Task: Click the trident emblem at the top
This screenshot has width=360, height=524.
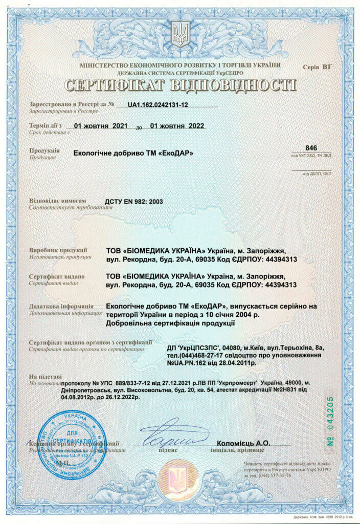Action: pos(179,34)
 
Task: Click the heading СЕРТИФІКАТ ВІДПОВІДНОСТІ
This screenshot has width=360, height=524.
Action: pos(180,84)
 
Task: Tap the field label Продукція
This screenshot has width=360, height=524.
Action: pos(44,151)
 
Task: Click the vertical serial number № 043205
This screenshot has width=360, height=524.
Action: pos(330,422)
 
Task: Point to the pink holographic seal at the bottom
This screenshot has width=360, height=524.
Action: pos(179,478)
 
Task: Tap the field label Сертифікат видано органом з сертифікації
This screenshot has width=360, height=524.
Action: pos(90,342)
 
